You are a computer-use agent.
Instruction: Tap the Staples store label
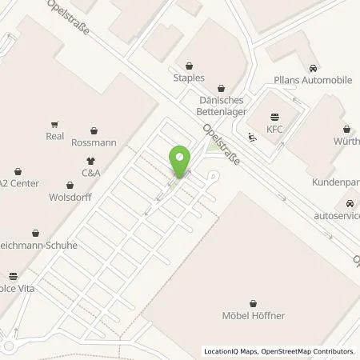(189, 78)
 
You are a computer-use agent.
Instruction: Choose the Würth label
(346, 142)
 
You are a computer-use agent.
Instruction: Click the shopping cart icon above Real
(54, 124)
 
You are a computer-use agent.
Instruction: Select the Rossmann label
(94, 143)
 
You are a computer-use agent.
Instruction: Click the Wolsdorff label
(68, 196)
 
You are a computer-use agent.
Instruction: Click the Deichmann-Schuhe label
(40, 245)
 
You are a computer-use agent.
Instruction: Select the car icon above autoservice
(350, 203)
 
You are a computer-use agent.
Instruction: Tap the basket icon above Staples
(189, 66)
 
